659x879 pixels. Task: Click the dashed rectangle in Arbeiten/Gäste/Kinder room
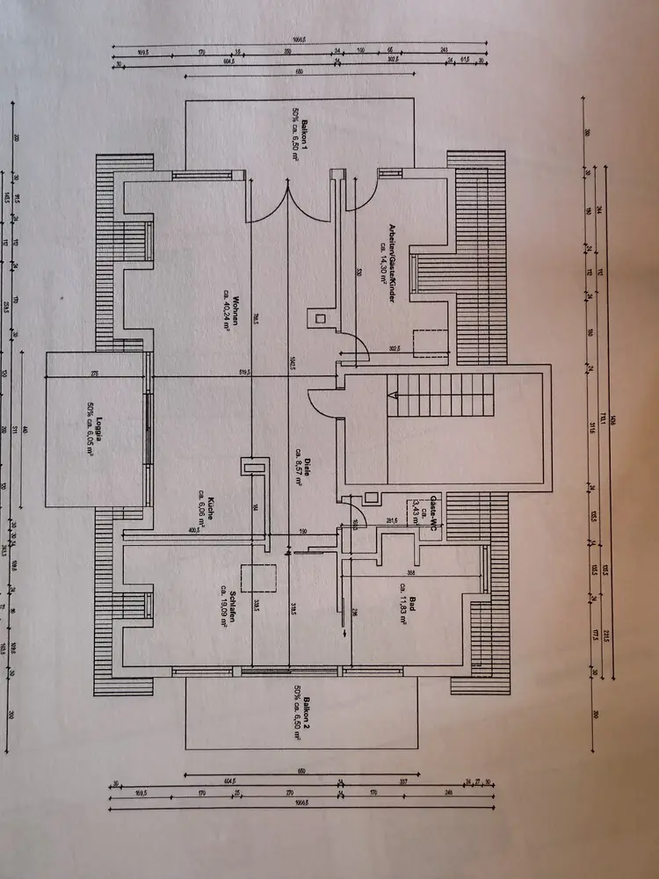(x=431, y=338)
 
